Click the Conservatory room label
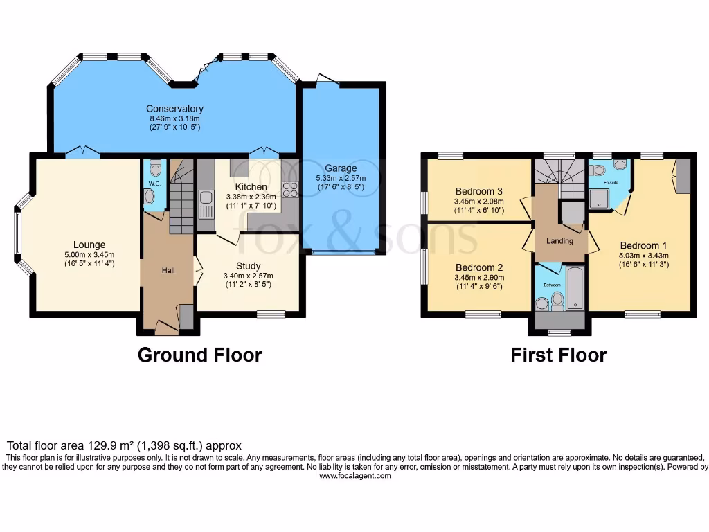(174, 109)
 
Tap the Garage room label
(341, 168)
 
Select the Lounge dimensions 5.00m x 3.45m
(89, 254)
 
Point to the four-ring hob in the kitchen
(289, 189)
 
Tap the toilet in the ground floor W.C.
(155, 167)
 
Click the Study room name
(248, 266)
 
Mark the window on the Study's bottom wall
(271, 314)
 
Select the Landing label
(559, 241)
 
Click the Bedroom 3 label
(478, 191)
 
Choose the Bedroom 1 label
(643, 245)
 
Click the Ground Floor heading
(199, 355)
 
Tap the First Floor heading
(558, 355)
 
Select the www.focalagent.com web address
(354, 476)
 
